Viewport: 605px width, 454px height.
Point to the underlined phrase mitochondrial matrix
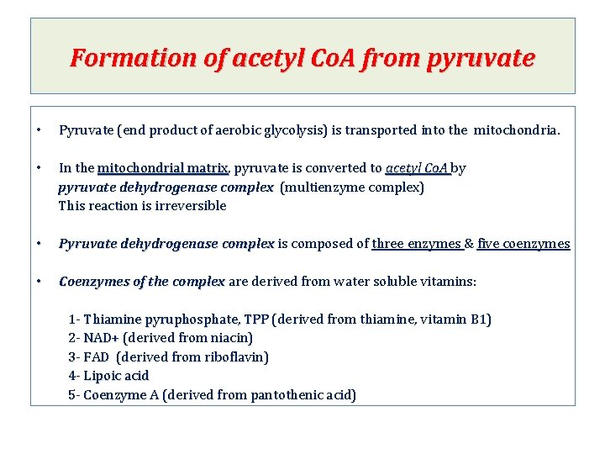tap(163, 168)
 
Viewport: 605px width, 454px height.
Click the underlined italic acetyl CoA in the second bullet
tap(418, 168)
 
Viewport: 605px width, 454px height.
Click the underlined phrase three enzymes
tap(417, 244)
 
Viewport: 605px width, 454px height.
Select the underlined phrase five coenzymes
tap(523, 244)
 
